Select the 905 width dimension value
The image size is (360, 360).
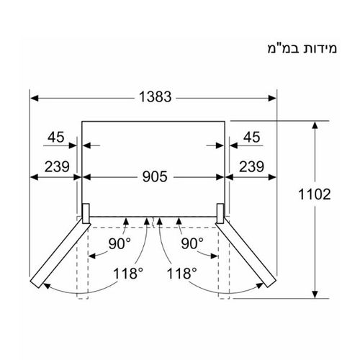point(152,176)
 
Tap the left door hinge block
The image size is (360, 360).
point(84,212)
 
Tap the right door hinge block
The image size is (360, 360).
point(221,212)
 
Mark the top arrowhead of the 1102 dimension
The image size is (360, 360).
point(315,125)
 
